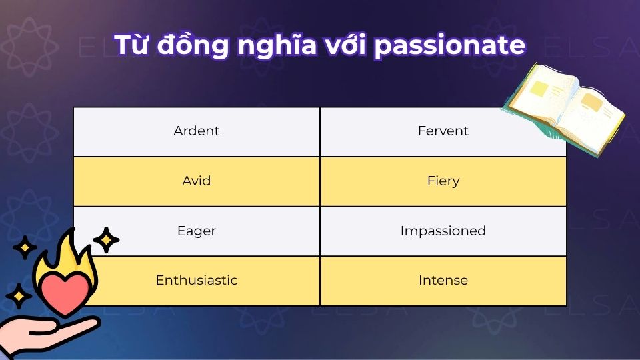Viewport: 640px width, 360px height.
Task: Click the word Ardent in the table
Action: (196, 131)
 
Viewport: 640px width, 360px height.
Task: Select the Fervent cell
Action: (443, 131)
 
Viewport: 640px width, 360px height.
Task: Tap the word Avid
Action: (196, 181)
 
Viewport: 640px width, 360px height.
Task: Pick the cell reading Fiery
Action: (443, 181)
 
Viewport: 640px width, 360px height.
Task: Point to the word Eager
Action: (196, 231)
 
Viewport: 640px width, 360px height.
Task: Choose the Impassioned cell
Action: (443, 231)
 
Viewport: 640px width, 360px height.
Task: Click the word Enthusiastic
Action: (196, 280)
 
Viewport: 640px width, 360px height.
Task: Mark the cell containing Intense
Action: (443, 280)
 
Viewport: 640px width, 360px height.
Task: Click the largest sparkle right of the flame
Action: (105, 240)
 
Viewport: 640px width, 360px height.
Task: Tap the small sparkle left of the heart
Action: (19, 294)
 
